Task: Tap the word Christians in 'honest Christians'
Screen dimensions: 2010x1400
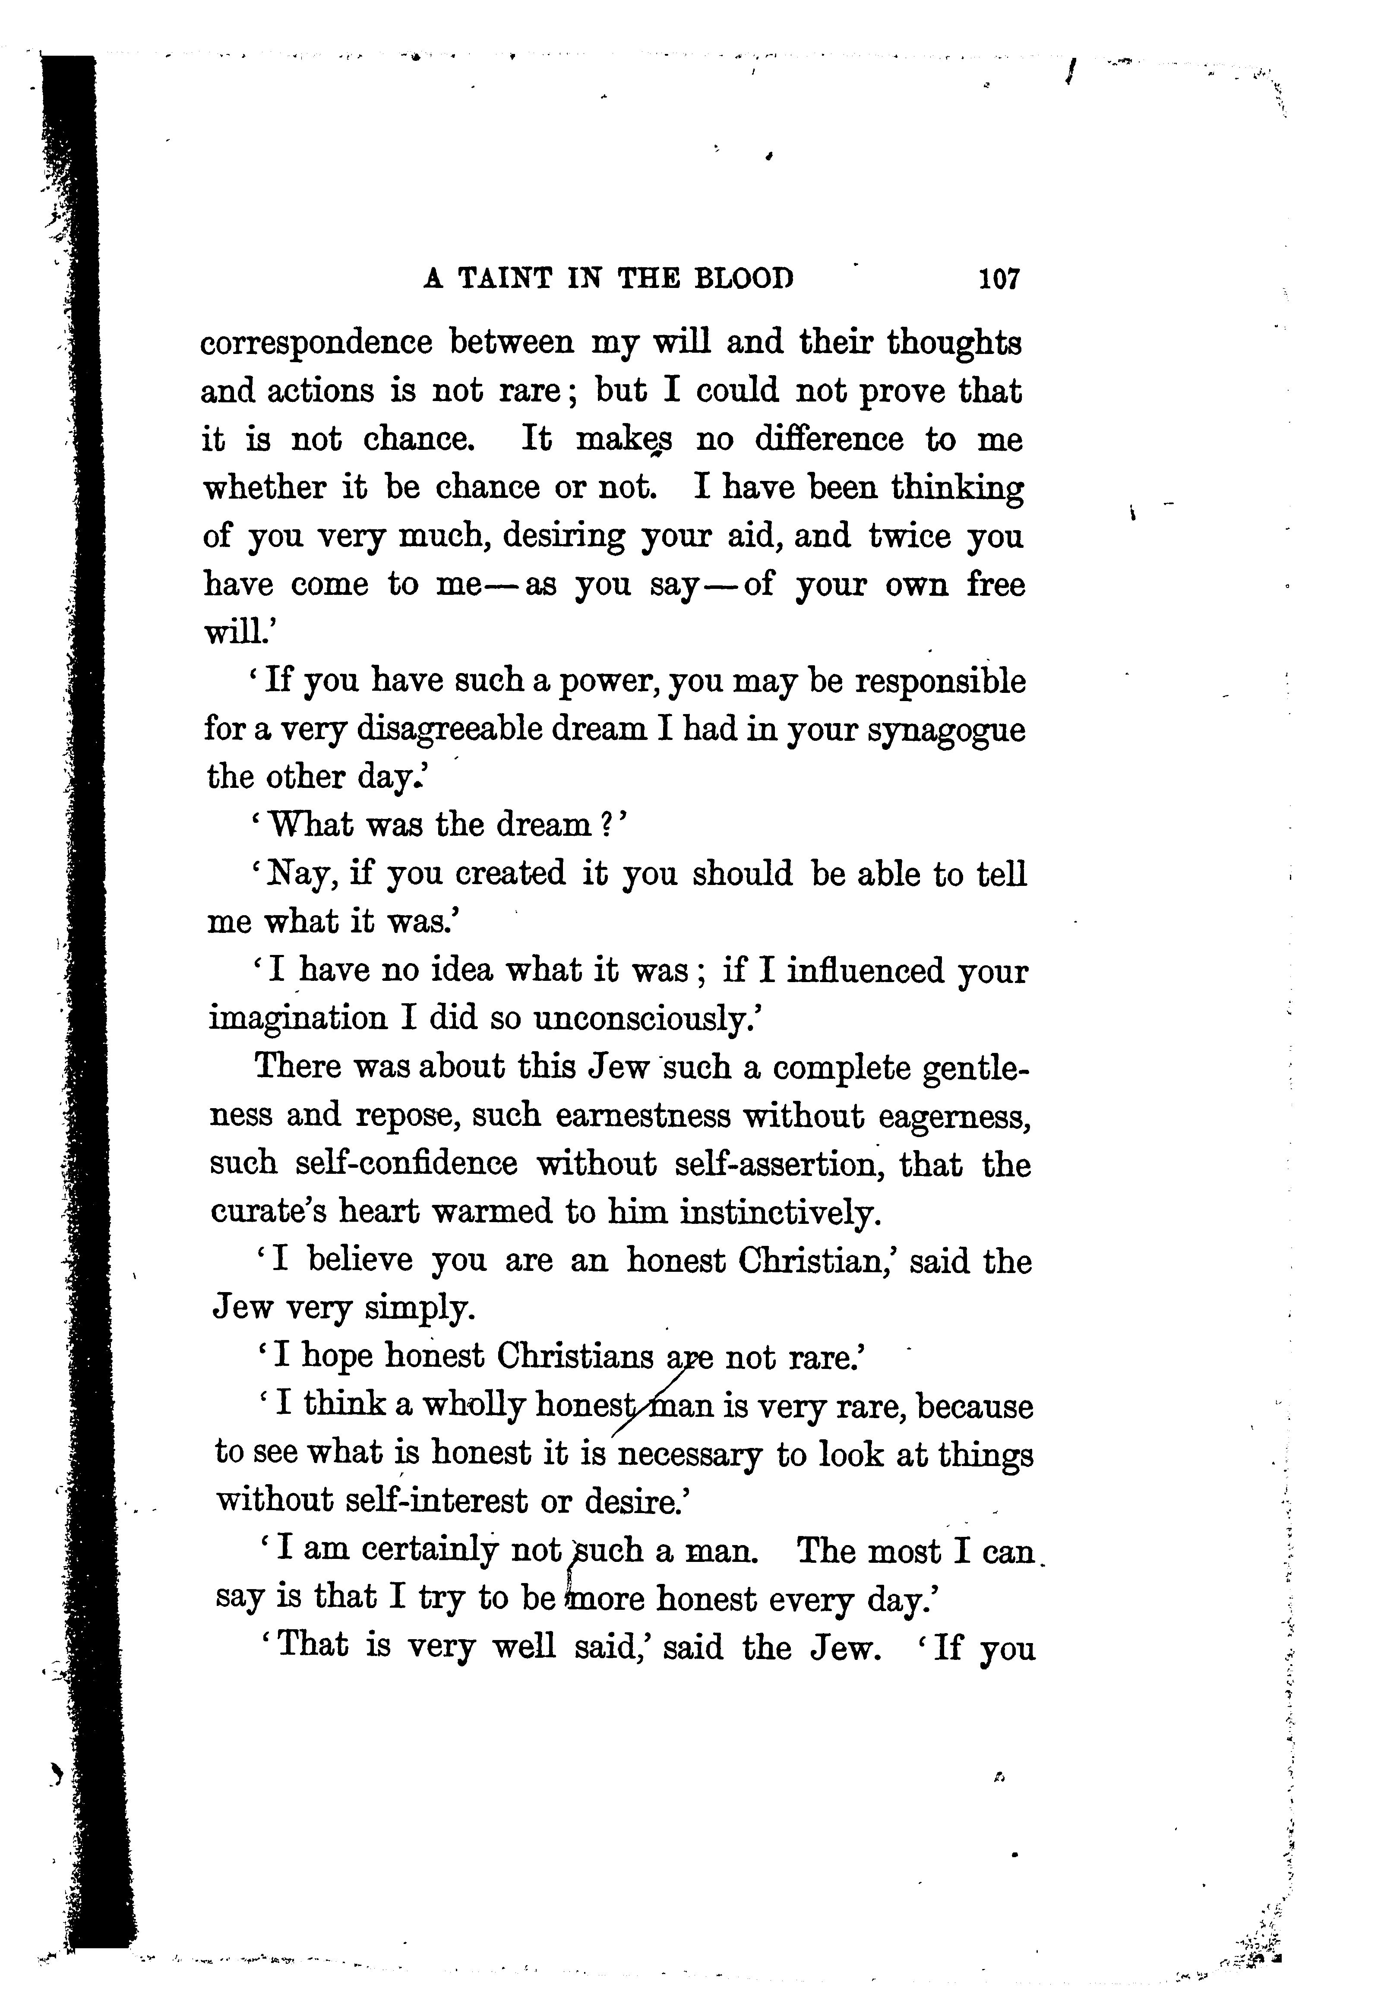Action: coord(575,1357)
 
